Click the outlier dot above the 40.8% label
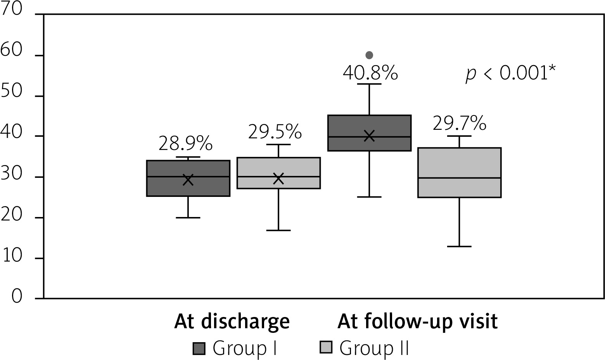coord(369,55)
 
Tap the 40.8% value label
coord(370,73)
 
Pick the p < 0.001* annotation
coord(510,73)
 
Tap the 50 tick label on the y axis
coord(12,96)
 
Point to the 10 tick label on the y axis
coord(12,258)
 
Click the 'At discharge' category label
coord(232,322)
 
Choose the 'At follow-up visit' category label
coord(417,322)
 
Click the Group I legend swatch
coord(199,348)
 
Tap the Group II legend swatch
coord(326,348)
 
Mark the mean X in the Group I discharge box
coord(188,180)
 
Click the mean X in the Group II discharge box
coord(278,179)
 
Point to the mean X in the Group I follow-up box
coord(369,136)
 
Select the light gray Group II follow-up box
coord(459,172)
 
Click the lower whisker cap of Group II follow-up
coord(459,246)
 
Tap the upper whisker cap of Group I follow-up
coord(369,84)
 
